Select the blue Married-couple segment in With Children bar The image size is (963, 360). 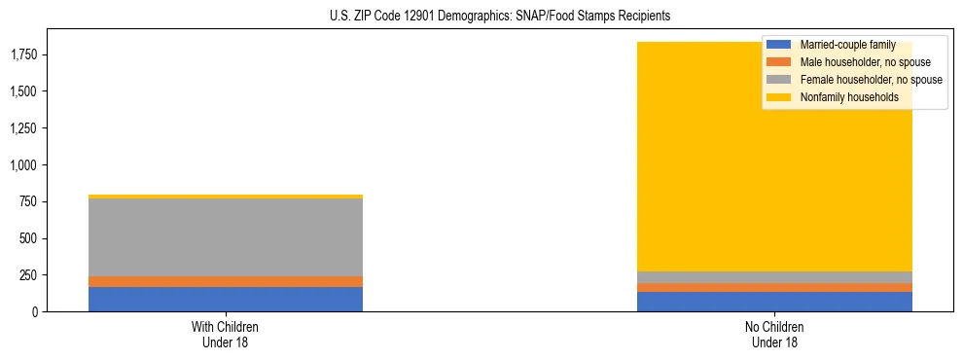[225, 299]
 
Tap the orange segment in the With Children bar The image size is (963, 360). [225, 281]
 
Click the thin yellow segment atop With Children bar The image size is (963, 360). [225, 197]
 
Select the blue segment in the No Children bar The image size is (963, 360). [774, 302]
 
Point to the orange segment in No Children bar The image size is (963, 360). [774, 287]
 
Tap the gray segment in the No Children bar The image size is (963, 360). [774, 277]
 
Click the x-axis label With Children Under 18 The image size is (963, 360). [225, 335]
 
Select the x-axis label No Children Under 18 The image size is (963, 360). [774, 335]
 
